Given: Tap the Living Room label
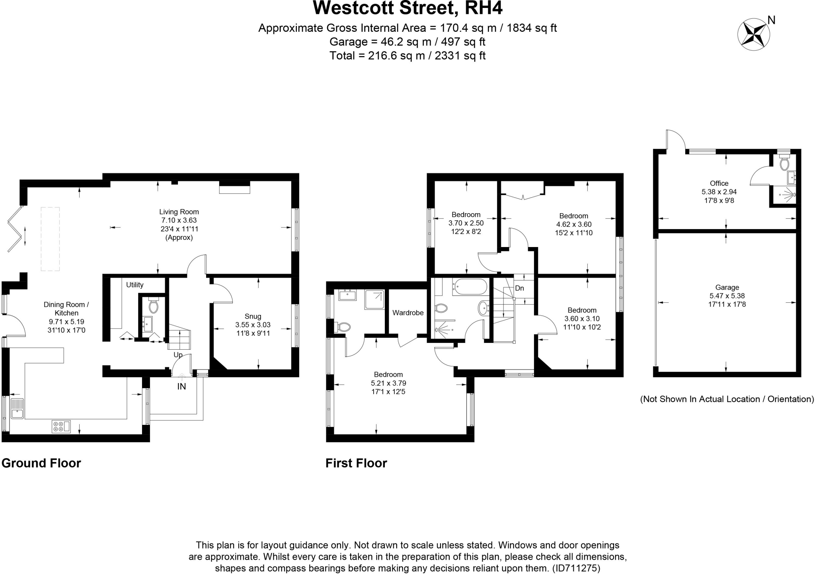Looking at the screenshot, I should [179, 212].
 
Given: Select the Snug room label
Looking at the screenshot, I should [253, 316].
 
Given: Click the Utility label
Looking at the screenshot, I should [135, 285].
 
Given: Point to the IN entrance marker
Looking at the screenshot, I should [181, 386].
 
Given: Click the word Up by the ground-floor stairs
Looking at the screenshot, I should [178, 355].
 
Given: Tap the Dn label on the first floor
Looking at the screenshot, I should [519, 288].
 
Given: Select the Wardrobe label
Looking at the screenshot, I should [408, 313].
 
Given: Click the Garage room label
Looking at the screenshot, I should [727, 287].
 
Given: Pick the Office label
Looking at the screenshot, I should [719, 183].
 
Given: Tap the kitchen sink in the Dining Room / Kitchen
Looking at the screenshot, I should [17, 408].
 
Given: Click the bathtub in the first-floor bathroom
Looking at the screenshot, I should [470, 287].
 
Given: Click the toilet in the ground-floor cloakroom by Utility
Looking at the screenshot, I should [153, 306].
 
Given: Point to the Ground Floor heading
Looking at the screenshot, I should [41, 463].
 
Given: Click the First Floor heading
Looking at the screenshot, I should [356, 463].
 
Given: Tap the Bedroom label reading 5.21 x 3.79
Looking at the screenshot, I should [388, 374].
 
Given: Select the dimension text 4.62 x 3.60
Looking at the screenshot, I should [573, 224].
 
